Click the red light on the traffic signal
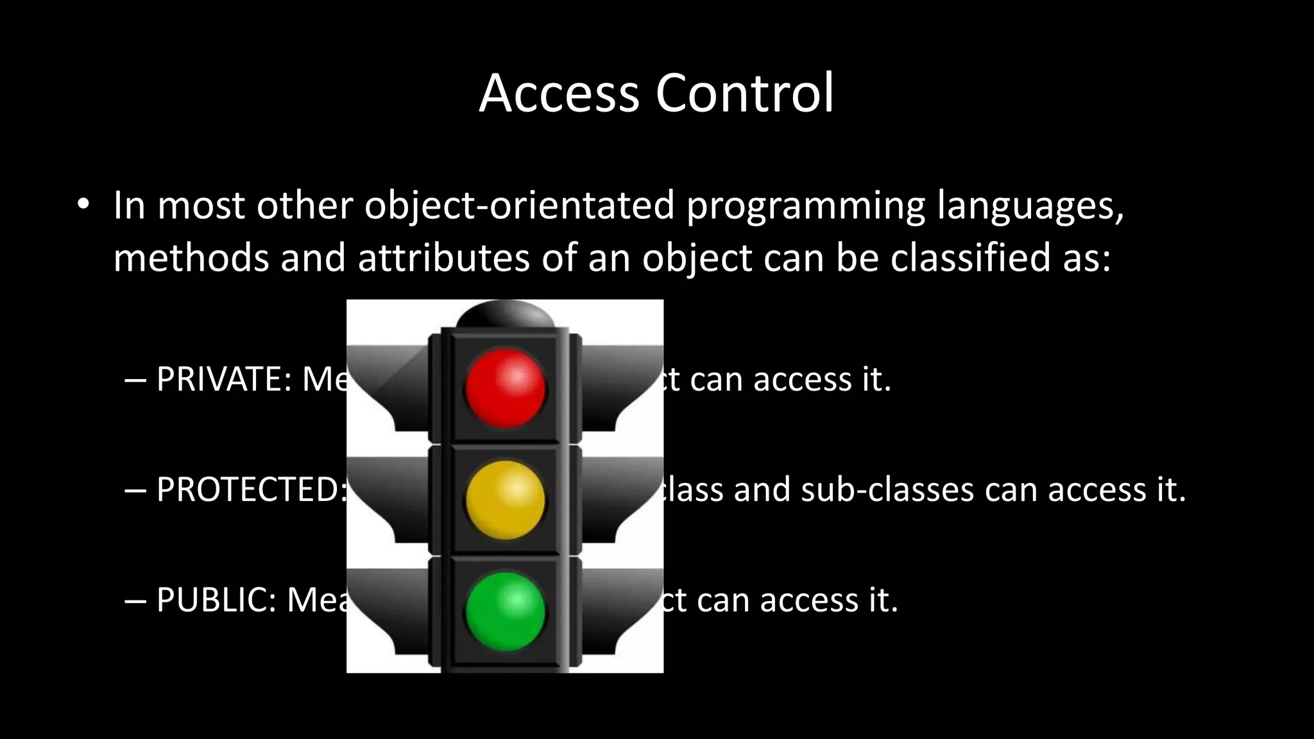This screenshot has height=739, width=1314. coord(505,387)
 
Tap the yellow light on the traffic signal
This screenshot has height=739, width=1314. coord(505,499)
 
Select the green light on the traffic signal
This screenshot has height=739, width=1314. coord(505,611)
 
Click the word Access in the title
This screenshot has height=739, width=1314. coord(559,94)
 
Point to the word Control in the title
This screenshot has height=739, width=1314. coord(744,94)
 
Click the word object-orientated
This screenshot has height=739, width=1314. coord(520,206)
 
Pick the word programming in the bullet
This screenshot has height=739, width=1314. coord(806,206)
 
